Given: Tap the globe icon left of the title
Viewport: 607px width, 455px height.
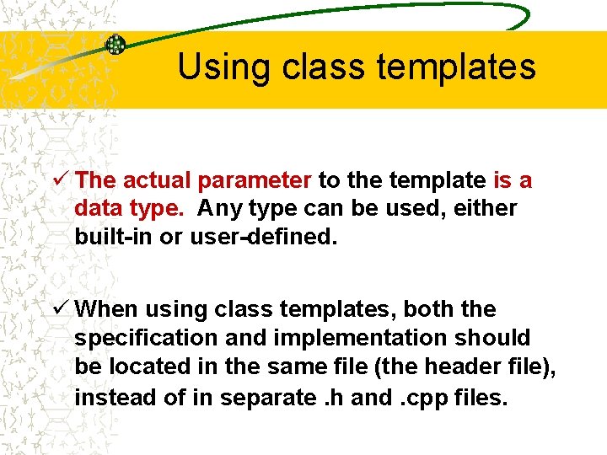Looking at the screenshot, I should coord(115,45).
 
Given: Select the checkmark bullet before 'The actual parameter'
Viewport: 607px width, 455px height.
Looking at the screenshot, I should coord(60,179).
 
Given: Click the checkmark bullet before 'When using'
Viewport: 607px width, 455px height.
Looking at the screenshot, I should coord(60,309).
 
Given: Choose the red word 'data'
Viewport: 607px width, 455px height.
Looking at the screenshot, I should coord(99,208).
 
